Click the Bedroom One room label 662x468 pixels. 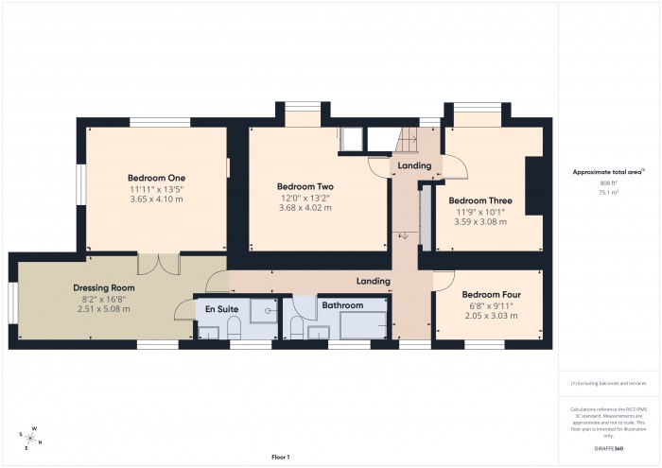tap(156, 178)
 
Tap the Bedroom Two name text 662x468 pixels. tap(305, 187)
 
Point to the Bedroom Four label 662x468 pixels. tap(490, 293)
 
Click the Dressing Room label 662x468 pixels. tap(104, 287)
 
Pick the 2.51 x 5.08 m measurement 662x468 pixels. tap(104, 308)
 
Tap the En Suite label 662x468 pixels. tap(215, 308)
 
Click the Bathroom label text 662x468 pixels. tap(342, 305)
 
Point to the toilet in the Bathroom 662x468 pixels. tap(296, 327)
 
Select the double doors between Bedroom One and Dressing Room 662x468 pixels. tap(158, 264)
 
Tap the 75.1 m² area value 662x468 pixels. tap(608, 192)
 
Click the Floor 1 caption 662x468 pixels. tap(280, 457)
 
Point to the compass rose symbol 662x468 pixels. tap(31, 439)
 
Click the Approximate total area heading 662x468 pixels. tap(608, 172)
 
